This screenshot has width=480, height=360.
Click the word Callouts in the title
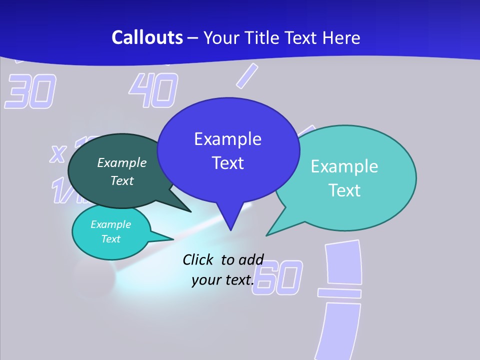pyautogui.click(x=147, y=38)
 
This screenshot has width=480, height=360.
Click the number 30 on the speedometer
pyautogui.click(x=30, y=92)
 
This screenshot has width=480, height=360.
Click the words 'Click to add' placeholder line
pyautogui.click(x=222, y=259)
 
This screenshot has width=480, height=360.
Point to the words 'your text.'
pyautogui.click(x=222, y=280)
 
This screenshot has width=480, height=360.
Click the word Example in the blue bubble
pyautogui.click(x=227, y=138)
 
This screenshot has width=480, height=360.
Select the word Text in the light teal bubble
pyautogui.click(x=344, y=190)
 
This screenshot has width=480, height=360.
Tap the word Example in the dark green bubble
pyautogui.click(x=122, y=163)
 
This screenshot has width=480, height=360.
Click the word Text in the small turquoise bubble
pyautogui.click(x=111, y=239)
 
